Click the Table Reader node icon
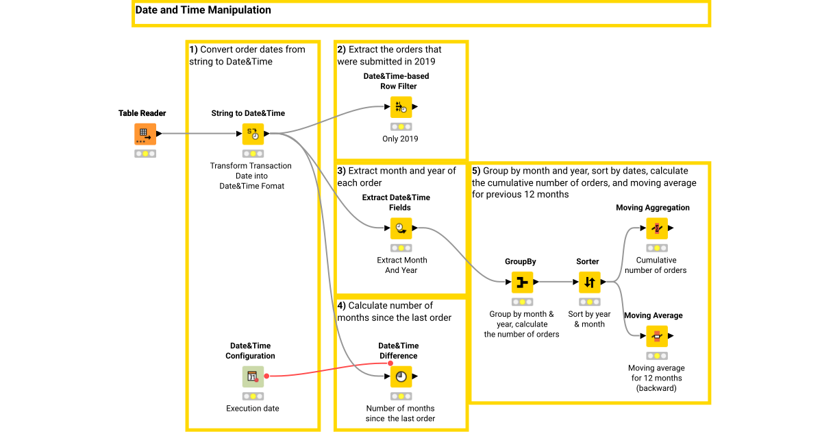point(145,134)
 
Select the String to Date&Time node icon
point(253,134)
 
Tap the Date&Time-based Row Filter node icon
point(401,107)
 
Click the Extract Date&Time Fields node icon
point(401,228)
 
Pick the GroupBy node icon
point(522,282)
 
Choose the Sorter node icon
point(589,282)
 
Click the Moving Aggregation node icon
point(656,228)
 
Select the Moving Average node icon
point(656,336)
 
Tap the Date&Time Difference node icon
point(401,376)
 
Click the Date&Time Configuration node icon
point(253,376)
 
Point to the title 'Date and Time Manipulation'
point(203,10)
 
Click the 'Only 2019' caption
point(400,139)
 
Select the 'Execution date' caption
point(253,409)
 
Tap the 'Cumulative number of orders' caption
point(656,265)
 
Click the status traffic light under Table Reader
point(145,154)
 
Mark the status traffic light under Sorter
point(589,302)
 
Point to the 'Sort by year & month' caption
point(589,319)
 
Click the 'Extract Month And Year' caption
point(401,265)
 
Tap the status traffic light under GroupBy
point(522,302)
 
